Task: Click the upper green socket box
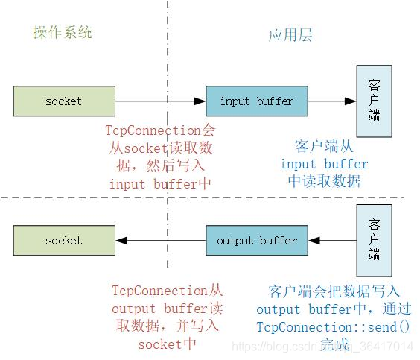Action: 64,101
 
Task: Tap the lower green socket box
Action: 64,240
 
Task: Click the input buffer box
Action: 256,101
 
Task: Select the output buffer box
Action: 256,240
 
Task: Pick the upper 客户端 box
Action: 374,101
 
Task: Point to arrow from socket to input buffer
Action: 160,101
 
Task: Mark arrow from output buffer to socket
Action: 160,240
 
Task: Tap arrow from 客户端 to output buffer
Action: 331,240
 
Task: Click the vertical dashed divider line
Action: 168,45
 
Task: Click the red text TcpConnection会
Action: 161,129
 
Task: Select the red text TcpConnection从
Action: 167,291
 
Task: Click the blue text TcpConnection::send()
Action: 334,326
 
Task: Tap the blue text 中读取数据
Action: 324,181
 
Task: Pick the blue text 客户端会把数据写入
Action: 333,291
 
